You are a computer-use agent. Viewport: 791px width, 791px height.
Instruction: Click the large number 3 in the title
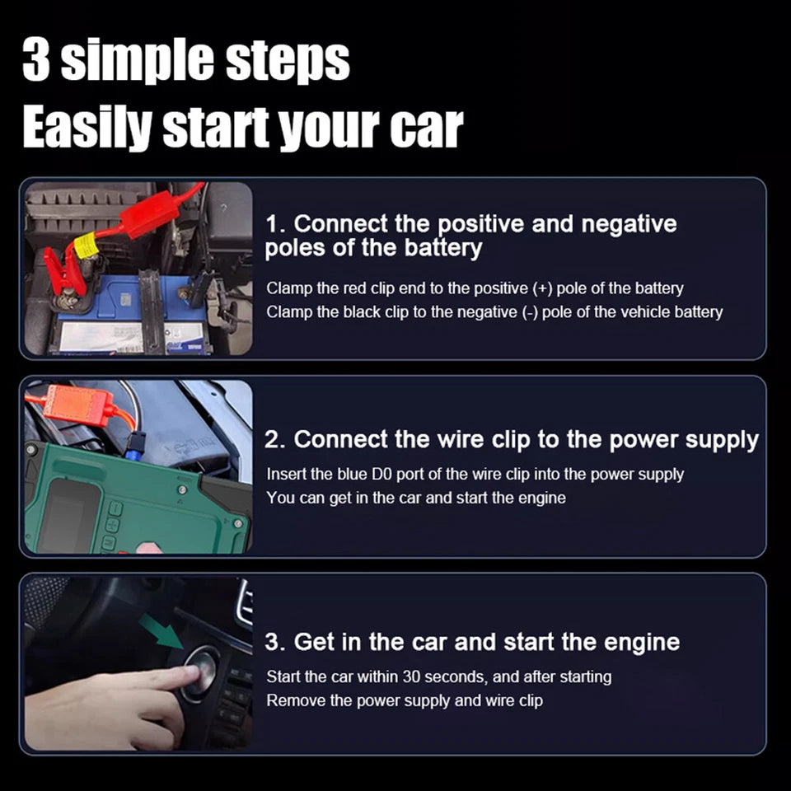[x=37, y=59]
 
